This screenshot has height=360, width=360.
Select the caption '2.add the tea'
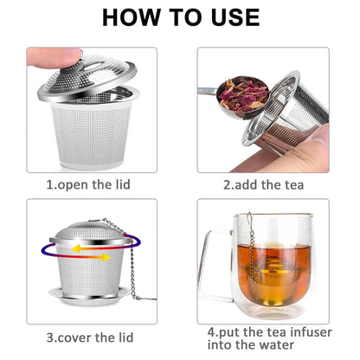coord(264,184)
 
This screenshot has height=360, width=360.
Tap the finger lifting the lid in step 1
coord(43,59)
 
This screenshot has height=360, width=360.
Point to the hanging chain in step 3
coord(132,260)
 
